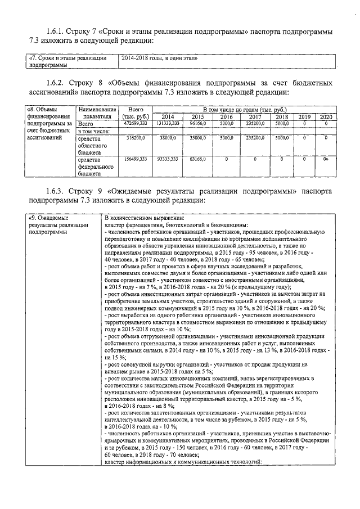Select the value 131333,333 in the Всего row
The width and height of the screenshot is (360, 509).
click(168, 123)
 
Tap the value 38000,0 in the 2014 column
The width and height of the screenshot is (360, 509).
click(168, 137)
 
